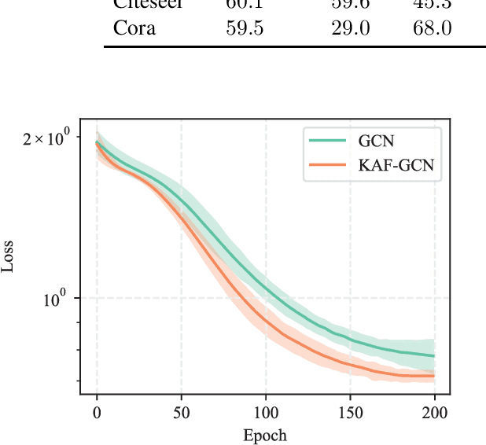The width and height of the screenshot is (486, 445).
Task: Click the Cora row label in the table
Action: [134, 28]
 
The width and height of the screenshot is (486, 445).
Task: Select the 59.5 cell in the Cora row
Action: [245, 28]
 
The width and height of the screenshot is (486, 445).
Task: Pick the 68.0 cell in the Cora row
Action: [431, 28]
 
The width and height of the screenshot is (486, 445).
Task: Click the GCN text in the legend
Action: [376, 141]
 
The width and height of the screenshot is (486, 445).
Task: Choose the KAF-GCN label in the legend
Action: [396, 165]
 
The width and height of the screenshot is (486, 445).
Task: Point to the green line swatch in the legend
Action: [326, 141]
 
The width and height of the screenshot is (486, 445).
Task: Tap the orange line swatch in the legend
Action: [326, 165]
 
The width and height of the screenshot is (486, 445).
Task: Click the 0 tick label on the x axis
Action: [97, 411]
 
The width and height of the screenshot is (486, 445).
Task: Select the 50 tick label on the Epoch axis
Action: [182, 411]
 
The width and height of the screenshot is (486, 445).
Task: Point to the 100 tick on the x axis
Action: [266, 411]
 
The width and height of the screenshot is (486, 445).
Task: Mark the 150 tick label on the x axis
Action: [351, 411]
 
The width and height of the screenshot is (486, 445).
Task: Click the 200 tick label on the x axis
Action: [435, 411]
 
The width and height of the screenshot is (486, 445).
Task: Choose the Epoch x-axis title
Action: [265, 435]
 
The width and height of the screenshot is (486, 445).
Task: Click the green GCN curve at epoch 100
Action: [266, 290]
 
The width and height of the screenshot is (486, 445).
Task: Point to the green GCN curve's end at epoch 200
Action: [434, 356]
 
